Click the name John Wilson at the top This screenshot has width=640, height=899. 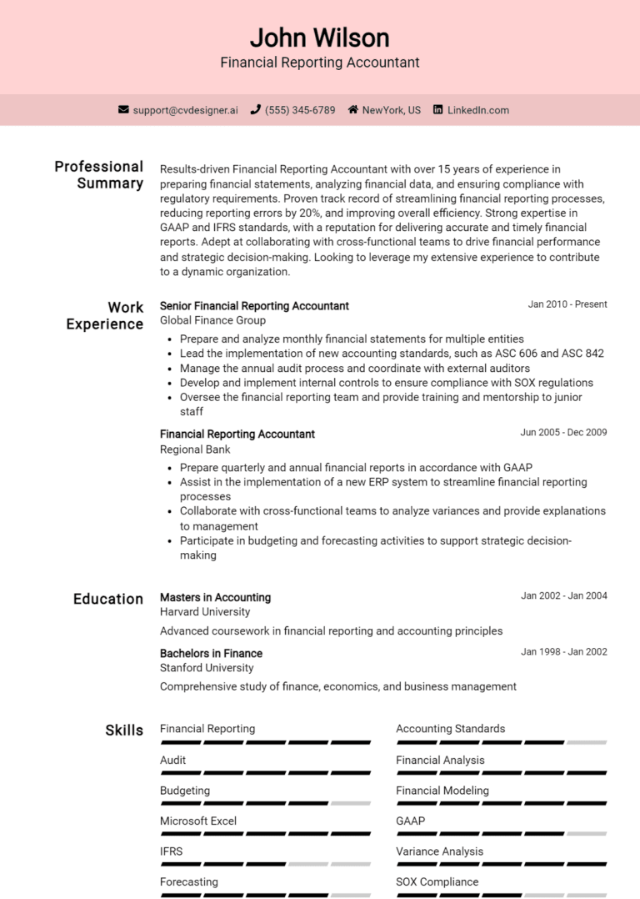coord(319,38)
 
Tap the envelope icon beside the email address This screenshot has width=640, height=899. coord(123,109)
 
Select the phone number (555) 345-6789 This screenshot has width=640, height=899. coord(300,110)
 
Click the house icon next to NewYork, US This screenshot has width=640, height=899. coord(353,109)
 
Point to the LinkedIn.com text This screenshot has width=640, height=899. coord(477,110)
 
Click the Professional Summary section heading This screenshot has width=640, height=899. coord(99,174)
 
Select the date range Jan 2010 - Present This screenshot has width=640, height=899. coord(567,304)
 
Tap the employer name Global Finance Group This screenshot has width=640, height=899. coord(212,320)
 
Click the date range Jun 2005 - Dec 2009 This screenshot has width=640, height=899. coord(563,433)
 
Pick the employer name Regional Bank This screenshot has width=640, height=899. coord(195,449)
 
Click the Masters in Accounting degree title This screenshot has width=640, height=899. coord(215,597)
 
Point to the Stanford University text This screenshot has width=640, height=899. coord(207,668)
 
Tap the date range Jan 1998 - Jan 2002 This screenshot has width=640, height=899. coord(563,652)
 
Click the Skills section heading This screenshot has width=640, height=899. coord(124,731)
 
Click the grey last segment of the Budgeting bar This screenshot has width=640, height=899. coord(350,803)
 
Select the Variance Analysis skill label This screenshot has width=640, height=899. coord(439,851)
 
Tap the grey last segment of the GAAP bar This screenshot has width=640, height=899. coord(587,833)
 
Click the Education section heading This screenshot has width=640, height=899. coord(108,599)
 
